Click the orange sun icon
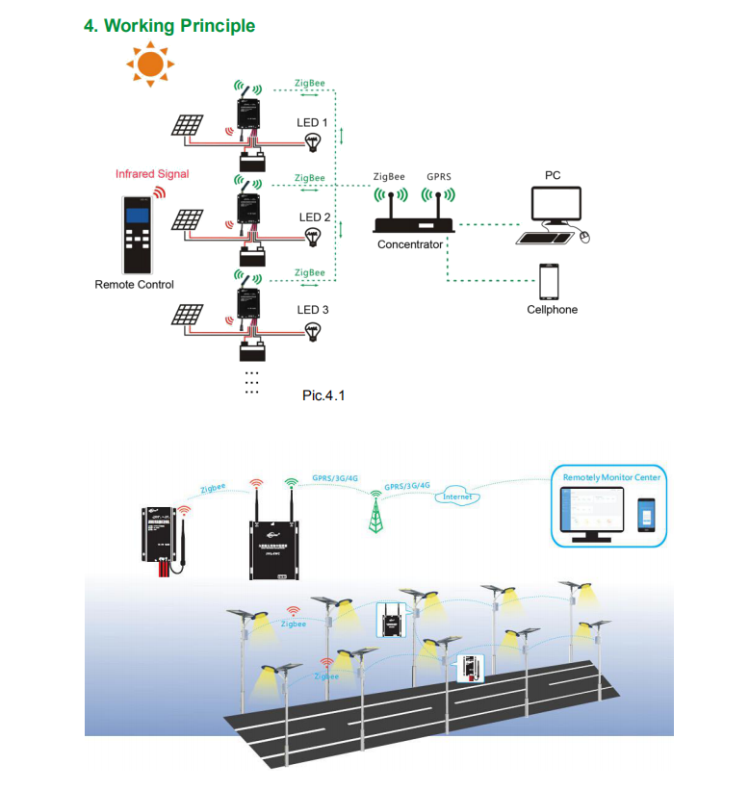(x=150, y=64)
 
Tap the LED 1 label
(x=313, y=123)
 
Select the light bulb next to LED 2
(x=312, y=238)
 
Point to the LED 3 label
(x=313, y=310)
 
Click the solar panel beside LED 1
(x=188, y=126)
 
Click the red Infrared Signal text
(x=152, y=174)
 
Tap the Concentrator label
(x=410, y=244)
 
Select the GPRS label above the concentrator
(x=439, y=178)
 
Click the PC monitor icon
(x=556, y=206)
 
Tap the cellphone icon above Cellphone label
(x=550, y=282)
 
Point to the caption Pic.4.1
(x=323, y=394)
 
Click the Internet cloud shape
(x=457, y=497)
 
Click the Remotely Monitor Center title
(x=613, y=476)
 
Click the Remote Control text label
(x=134, y=285)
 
